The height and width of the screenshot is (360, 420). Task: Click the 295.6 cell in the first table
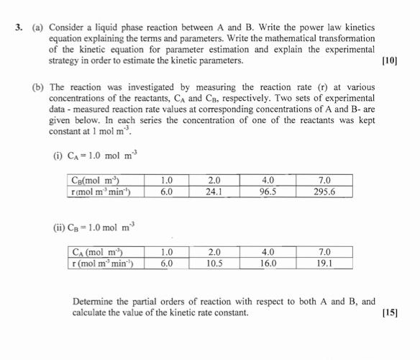coord(324,192)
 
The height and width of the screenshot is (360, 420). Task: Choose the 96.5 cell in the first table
coord(268,192)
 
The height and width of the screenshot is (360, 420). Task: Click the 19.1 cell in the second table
coord(324,264)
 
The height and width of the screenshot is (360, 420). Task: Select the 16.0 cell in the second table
coord(268,264)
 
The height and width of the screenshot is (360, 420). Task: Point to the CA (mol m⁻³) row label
coord(100,253)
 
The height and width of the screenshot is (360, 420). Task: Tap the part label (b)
coord(37,87)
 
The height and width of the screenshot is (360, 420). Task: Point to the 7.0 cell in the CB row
coord(324,181)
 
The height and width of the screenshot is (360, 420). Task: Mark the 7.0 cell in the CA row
coord(324,253)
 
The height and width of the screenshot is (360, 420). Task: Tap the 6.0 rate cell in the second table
coord(166,264)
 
